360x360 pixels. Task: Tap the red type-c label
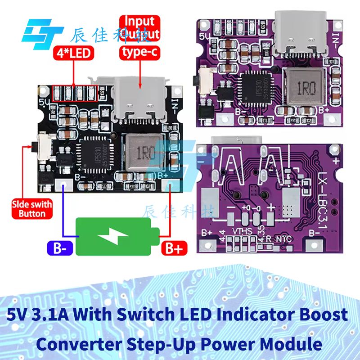139,53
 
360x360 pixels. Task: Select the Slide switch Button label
32,209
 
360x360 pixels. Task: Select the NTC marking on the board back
284,238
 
